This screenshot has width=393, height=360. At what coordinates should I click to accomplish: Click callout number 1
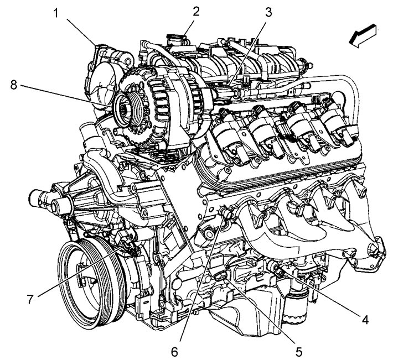click(x=56, y=13)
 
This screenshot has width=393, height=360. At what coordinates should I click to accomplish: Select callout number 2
click(x=196, y=11)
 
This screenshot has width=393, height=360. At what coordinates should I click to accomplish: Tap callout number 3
click(x=268, y=12)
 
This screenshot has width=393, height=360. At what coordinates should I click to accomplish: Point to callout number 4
click(x=365, y=320)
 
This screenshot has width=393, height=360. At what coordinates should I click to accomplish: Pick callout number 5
click(x=298, y=352)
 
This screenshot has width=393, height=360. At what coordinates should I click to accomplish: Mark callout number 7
click(x=30, y=299)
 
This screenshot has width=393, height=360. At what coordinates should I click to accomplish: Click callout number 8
click(x=13, y=85)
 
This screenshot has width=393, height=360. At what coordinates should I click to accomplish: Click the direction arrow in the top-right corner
click(x=363, y=35)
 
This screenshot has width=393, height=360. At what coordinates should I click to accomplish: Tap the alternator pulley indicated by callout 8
click(x=127, y=109)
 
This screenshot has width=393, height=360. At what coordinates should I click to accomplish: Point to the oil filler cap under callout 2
click(x=177, y=39)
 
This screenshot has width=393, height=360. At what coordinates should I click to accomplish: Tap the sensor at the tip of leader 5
click(x=220, y=276)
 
